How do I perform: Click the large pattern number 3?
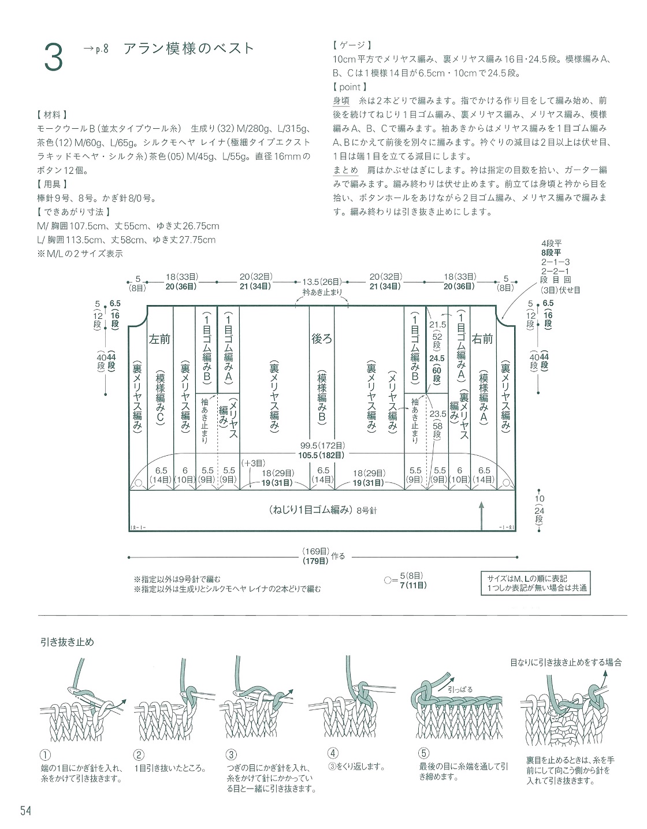pos(53,57)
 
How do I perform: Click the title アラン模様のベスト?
pos(189,49)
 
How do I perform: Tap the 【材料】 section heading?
pos(53,114)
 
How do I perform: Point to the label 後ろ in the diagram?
pos(322,339)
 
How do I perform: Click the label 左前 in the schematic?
pos(159,339)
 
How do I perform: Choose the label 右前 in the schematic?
pos(482,339)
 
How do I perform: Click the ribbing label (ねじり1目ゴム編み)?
pos(309,510)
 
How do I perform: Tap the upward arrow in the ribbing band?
pos(481,516)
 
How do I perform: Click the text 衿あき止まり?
pos(322,293)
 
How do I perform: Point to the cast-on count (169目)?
pos(315,551)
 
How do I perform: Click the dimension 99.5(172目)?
pos(322,445)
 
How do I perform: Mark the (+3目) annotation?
pos(253,463)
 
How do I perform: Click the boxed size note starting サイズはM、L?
pos(536,583)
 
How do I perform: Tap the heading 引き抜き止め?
pos(67,642)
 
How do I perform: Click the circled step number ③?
pos(231,754)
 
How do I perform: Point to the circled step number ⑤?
pos(424,753)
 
